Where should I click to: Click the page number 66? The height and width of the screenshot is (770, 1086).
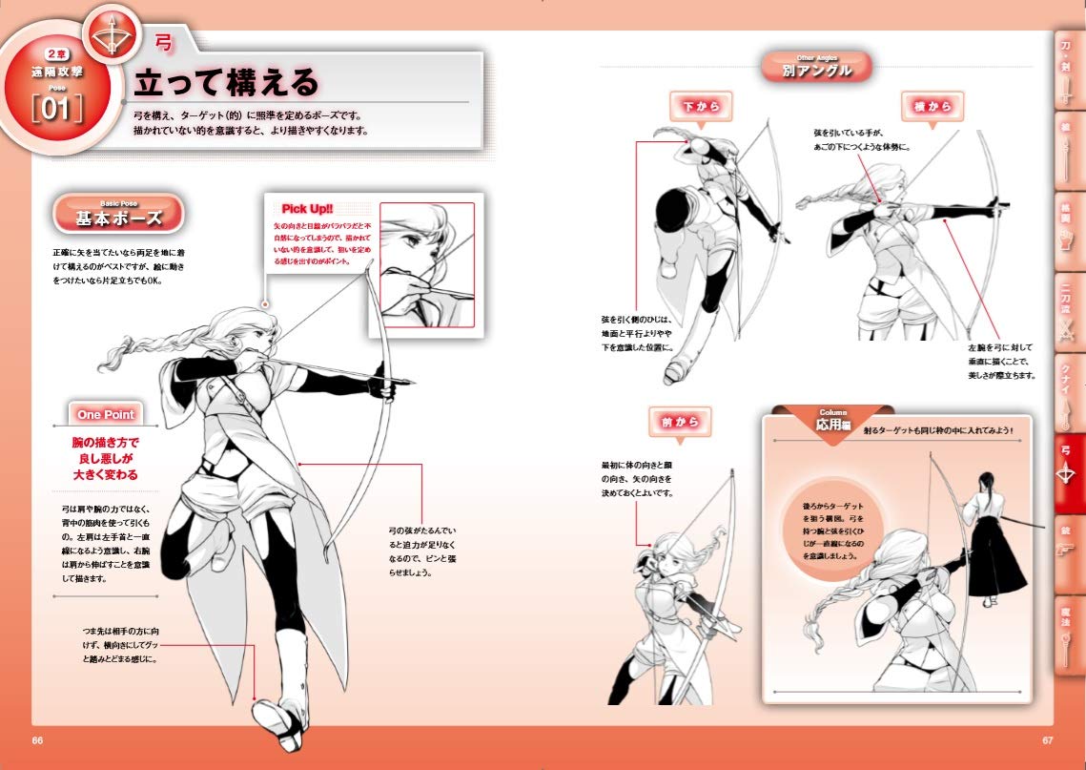[x=37, y=740]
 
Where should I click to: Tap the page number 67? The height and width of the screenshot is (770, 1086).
[x=1047, y=740]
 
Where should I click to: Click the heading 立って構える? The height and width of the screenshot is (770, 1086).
[x=226, y=82]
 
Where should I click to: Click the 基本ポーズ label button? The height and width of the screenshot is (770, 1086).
[x=118, y=217]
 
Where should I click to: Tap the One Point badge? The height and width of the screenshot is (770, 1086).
[x=106, y=414]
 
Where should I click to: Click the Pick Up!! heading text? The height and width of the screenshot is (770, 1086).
[x=307, y=209]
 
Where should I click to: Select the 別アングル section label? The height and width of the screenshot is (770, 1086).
[x=816, y=68]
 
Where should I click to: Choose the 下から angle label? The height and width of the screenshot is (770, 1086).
[x=701, y=107]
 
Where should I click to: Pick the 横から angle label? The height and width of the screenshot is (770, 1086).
[x=932, y=107]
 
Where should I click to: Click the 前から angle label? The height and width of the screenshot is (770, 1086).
[x=680, y=421]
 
